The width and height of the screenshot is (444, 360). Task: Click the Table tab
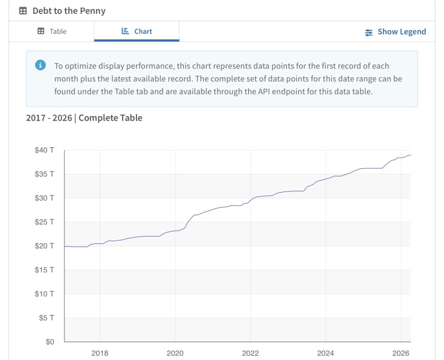point(52,32)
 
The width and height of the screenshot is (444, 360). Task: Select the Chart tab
point(137,32)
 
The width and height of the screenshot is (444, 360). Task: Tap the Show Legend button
point(395,32)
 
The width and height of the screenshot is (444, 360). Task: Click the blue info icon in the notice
point(41,65)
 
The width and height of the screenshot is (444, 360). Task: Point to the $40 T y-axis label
point(44,150)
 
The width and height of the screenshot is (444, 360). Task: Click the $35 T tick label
point(44,174)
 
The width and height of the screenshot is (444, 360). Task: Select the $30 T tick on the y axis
point(44,198)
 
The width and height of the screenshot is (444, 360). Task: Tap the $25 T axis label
point(44,222)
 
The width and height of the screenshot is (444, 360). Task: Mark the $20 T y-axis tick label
point(44,246)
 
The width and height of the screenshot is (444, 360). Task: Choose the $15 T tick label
point(44,270)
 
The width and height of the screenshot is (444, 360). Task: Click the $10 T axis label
point(44,294)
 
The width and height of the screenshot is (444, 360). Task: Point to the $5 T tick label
point(46,318)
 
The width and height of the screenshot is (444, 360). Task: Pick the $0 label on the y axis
point(49,342)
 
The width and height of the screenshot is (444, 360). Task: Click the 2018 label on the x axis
point(100,353)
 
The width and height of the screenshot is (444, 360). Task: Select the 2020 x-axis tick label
point(175,353)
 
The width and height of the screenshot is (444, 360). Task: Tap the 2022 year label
point(250,353)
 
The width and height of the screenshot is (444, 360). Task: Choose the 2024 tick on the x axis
point(325,353)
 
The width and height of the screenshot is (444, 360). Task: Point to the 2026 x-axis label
point(401,353)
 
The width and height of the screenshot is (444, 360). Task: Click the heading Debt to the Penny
point(69,11)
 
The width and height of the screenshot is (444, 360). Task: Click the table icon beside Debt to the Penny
point(23,11)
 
